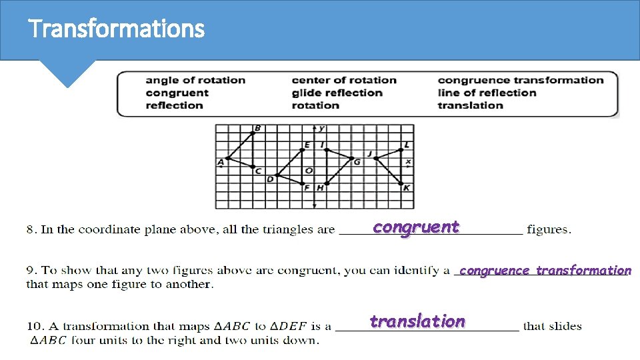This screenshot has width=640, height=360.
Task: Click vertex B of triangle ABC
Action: tap(253, 133)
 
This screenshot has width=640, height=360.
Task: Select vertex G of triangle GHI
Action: tap(352, 159)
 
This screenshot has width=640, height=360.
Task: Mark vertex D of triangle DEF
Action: tap(277, 175)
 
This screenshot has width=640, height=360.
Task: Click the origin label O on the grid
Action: tap(309, 171)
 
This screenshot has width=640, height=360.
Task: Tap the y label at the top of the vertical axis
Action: tap(321, 128)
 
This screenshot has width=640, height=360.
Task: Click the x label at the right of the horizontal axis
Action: tap(408, 161)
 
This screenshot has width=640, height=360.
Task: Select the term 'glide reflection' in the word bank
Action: tap(337, 93)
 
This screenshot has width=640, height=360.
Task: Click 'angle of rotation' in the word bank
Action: tap(195, 80)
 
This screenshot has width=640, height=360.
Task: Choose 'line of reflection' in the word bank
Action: tap(487, 93)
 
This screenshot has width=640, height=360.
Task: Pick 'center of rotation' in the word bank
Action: tap(344, 80)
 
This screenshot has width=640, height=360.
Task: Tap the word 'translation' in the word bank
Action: tap(470, 105)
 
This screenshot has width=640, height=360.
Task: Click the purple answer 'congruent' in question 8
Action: tap(416, 227)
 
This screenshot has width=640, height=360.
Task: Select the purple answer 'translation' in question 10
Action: tap(417, 321)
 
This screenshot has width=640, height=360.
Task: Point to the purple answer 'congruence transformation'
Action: tap(545, 271)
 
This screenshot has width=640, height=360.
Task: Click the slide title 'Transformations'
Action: tap(116, 29)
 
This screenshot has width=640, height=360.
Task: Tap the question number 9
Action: tap(31, 271)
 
